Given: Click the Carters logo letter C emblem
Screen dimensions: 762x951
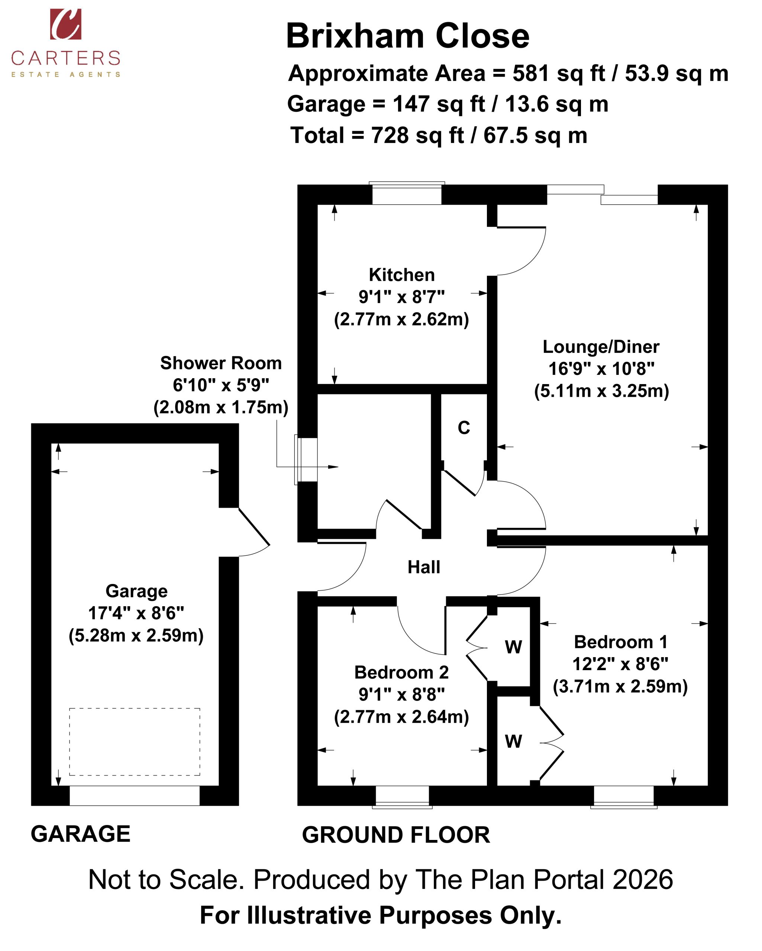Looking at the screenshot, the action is [65, 24].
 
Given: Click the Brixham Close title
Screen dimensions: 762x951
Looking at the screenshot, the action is [407, 36].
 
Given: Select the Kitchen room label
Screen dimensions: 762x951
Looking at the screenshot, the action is [402, 275].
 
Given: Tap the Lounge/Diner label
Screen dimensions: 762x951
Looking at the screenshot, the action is [601, 347].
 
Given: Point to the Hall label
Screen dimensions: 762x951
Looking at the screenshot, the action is [424, 567].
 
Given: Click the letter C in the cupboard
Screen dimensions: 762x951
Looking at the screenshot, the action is [464, 428].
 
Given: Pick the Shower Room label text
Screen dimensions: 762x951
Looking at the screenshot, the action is [221, 363].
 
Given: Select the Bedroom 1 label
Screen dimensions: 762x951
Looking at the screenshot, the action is [621, 642].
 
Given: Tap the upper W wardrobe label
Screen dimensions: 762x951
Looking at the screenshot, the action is [513, 647].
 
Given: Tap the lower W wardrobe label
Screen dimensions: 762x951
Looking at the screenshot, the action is [513, 741].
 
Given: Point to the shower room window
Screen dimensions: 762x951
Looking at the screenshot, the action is [306, 460].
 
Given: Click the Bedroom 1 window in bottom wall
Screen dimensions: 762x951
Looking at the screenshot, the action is [624, 796].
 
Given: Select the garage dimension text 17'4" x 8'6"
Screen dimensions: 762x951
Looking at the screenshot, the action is [136, 613].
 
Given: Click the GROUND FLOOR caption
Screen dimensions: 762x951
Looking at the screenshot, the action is [396, 835].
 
